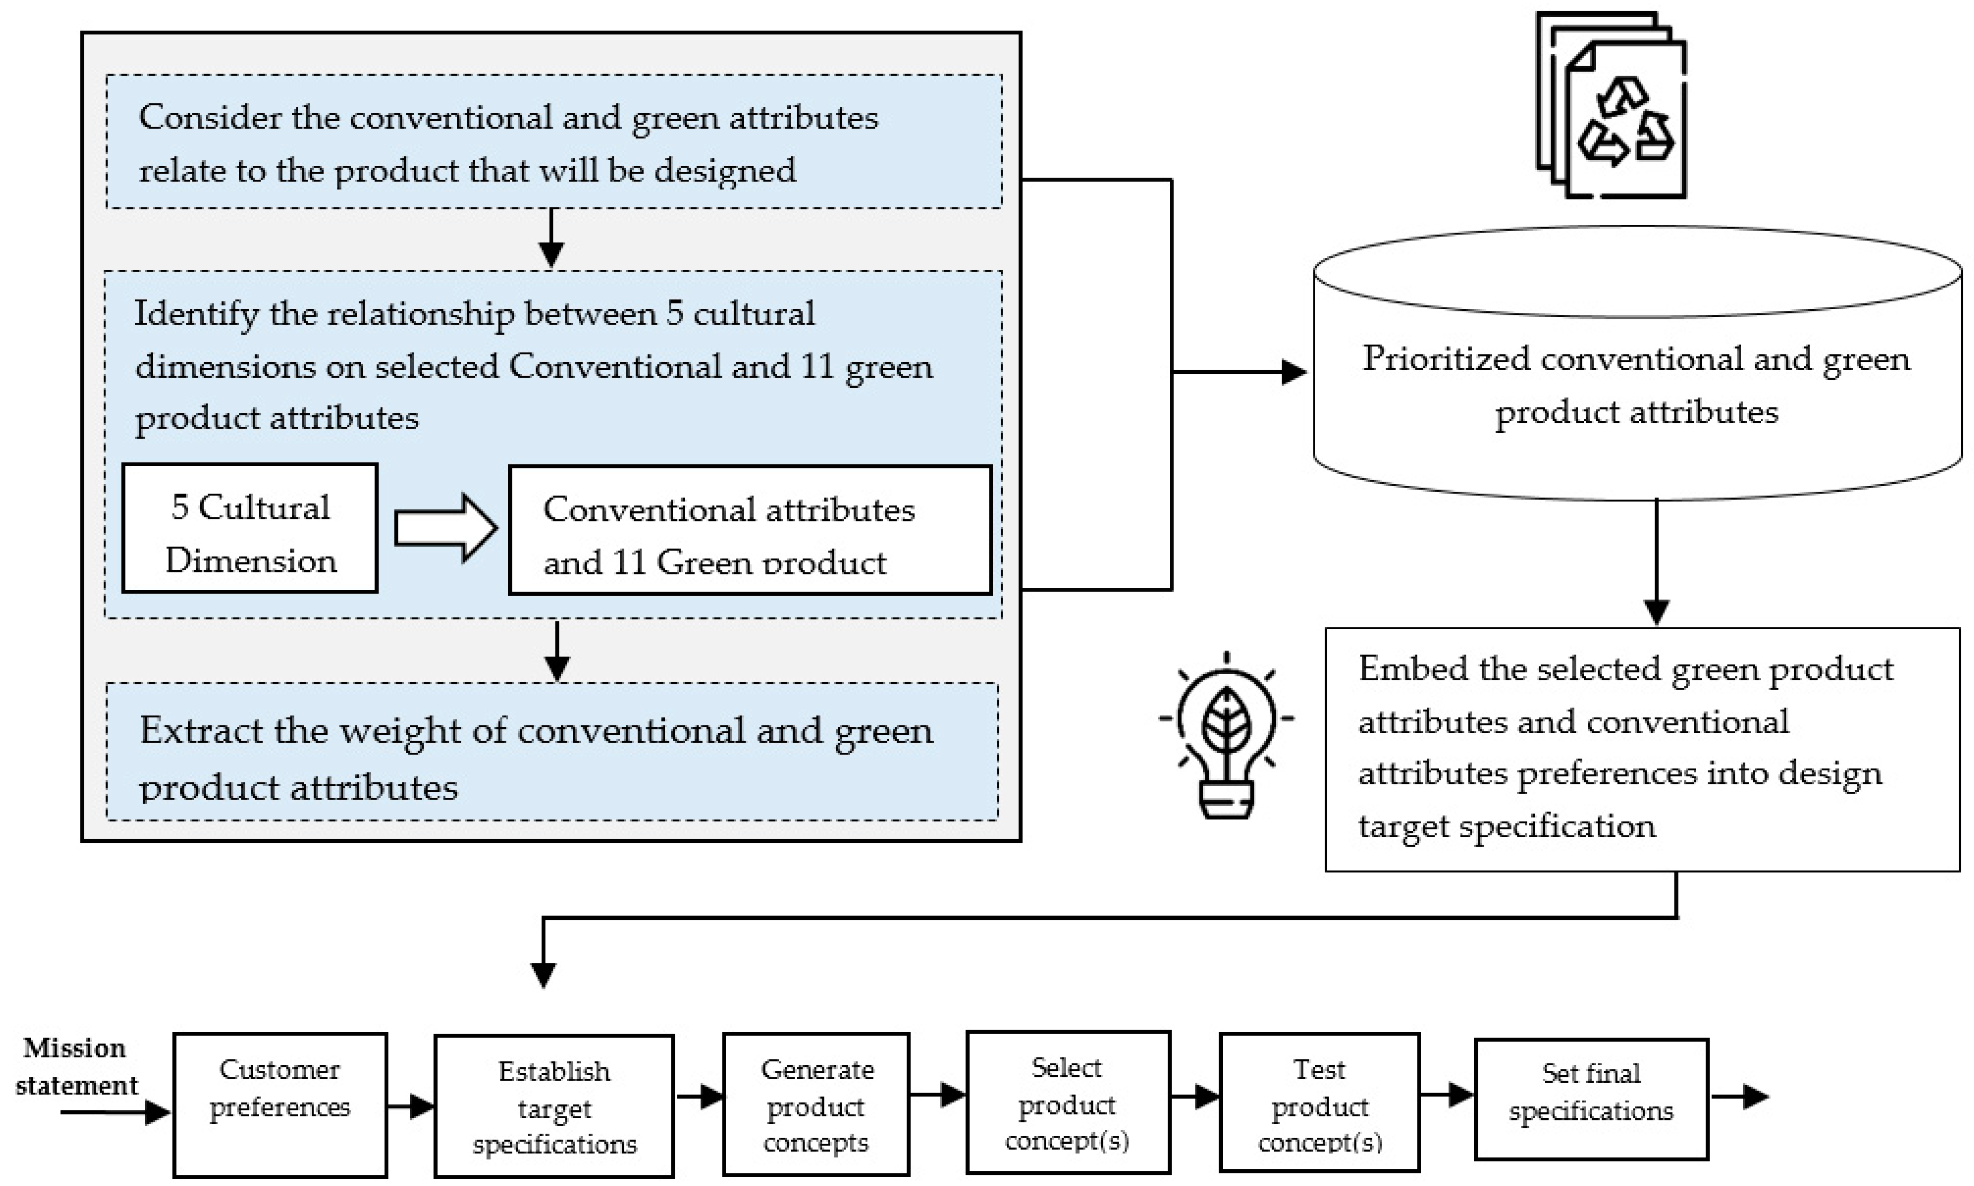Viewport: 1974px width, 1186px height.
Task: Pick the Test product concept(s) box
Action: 1319,1103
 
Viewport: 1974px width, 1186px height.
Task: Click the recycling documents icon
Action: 1612,105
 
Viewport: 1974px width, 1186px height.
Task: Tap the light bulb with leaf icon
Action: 1226,735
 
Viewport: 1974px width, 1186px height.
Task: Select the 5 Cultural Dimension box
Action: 249,528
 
